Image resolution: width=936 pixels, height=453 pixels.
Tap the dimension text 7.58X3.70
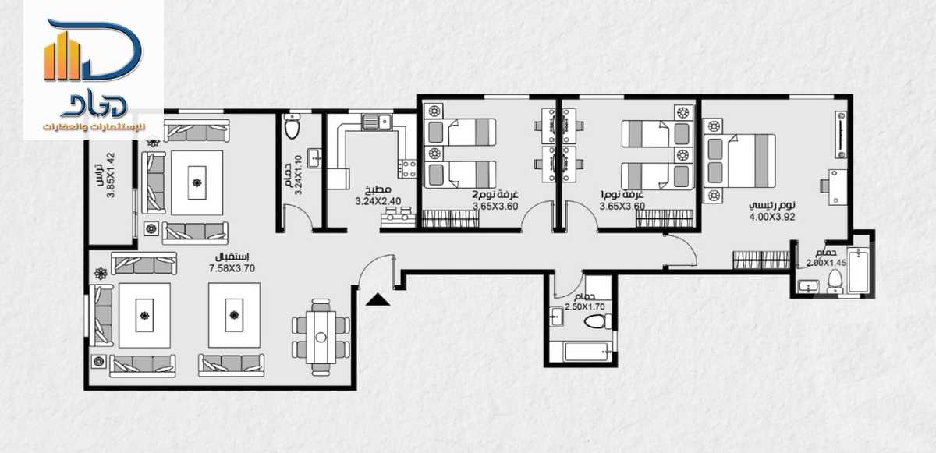tap(232, 268)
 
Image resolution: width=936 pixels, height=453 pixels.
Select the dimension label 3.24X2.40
tap(378, 200)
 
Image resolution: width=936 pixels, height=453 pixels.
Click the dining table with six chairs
tap(321, 336)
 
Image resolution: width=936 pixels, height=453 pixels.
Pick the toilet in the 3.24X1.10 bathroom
tap(293, 128)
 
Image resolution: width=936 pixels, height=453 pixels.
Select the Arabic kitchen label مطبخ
tap(378, 189)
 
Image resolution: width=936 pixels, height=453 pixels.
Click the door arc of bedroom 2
tap(538, 214)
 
